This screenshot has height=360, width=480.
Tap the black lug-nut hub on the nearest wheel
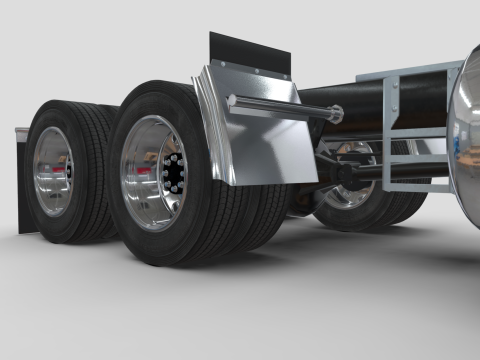coord(171,176)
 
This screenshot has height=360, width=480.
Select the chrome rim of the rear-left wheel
coord(51,171)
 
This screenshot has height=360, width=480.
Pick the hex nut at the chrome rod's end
coord(336,115)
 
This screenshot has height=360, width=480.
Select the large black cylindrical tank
coord(350,100)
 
